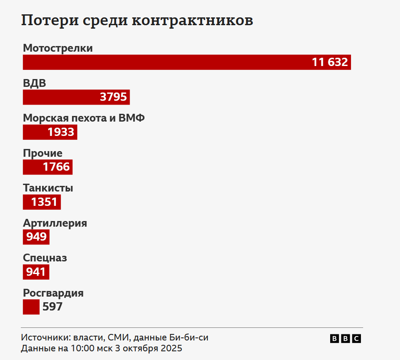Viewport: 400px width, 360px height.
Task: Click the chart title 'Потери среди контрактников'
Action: click(x=137, y=21)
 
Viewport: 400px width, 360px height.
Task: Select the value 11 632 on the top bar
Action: click(x=330, y=63)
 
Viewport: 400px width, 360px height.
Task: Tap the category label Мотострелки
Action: click(x=58, y=48)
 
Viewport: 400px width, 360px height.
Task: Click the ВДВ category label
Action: click(x=34, y=83)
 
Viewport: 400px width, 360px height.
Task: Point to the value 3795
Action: click(x=113, y=97)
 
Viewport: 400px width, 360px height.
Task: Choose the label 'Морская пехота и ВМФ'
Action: click(x=84, y=118)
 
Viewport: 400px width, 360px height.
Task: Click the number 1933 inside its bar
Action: click(x=61, y=132)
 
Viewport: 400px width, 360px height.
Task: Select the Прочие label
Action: click(x=43, y=153)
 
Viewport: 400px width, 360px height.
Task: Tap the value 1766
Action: click(x=56, y=167)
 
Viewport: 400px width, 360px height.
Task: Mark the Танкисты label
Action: click(x=48, y=188)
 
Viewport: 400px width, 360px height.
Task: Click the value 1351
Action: click(x=44, y=202)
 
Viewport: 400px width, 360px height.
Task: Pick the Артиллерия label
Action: click(x=55, y=223)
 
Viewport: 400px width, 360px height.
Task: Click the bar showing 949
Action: click(x=36, y=237)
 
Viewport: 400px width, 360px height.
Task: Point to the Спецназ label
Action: click(x=45, y=258)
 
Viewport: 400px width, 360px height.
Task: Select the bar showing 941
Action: click(x=36, y=272)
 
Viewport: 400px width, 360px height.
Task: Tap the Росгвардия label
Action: click(x=53, y=293)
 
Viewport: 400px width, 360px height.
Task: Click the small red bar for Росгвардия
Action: click(x=31, y=307)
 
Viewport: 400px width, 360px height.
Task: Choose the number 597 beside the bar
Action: click(x=52, y=307)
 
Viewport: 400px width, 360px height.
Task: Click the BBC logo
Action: click(x=345, y=339)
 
